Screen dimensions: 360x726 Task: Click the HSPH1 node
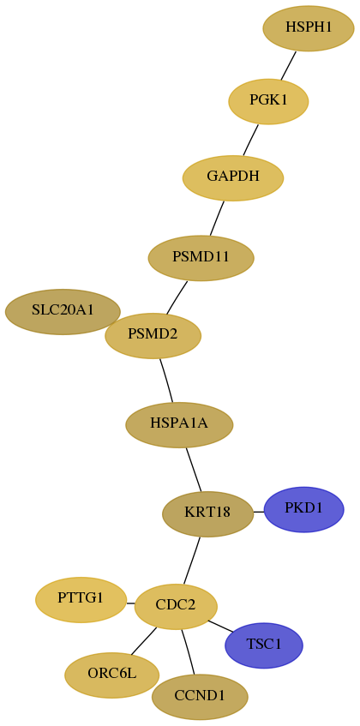click(309, 28)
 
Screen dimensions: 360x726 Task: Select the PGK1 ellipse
click(268, 101)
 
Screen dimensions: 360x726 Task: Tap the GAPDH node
click(233, 177)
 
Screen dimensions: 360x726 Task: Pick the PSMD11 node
click(201, 258)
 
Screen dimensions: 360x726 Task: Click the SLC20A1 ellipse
click(63, 312)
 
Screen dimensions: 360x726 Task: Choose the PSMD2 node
click(153, 336)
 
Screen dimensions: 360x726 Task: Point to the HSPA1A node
click(179, 424)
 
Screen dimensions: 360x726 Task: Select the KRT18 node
click(207, 514)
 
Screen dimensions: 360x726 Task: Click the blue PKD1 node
click(303, 509)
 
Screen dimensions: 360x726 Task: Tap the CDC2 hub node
click(176, 607)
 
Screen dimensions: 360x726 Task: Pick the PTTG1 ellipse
click(81, 600)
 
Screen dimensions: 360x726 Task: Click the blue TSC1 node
click(264, 645)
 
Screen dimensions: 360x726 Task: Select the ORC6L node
click(112, 675)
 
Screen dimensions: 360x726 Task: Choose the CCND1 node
click(200, 697)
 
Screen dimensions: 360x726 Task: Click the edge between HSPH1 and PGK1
click(288, 65)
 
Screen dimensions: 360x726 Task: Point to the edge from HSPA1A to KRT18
click(194, 470)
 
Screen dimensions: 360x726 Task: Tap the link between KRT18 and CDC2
click(192, 561)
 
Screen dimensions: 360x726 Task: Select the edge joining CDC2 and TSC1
click(221, 626)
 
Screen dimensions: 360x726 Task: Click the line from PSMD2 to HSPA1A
click(166, 381)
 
